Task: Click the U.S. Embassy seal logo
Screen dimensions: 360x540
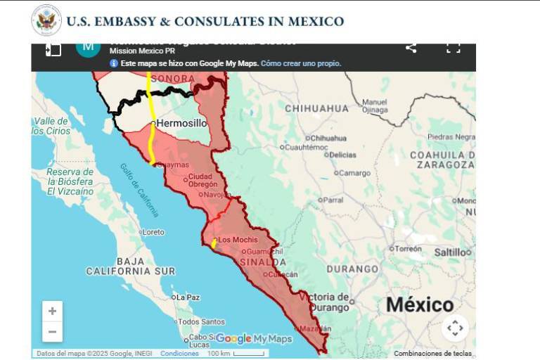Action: [46, 20]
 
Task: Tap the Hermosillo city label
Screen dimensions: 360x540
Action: [181, 123]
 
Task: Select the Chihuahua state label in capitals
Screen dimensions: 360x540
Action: [316, 108]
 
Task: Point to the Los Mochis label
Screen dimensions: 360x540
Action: [238, 240]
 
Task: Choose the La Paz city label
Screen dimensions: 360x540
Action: [188, 297]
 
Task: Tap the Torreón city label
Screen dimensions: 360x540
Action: [408, 248]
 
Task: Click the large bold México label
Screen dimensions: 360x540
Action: [420, 304]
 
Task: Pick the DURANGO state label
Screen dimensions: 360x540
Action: [352, 269]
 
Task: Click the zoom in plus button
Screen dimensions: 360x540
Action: [52, 311]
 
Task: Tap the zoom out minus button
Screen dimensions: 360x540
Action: [52, 331]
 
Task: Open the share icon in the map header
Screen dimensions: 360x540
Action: [411, 48]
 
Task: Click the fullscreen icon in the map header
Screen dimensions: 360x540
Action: [454, 48]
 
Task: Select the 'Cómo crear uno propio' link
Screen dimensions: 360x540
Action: [300, 63]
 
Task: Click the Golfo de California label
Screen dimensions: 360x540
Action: [139, 189]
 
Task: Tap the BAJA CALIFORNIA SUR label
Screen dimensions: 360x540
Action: [131, 266]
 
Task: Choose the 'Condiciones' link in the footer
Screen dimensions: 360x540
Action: [179, 354]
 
